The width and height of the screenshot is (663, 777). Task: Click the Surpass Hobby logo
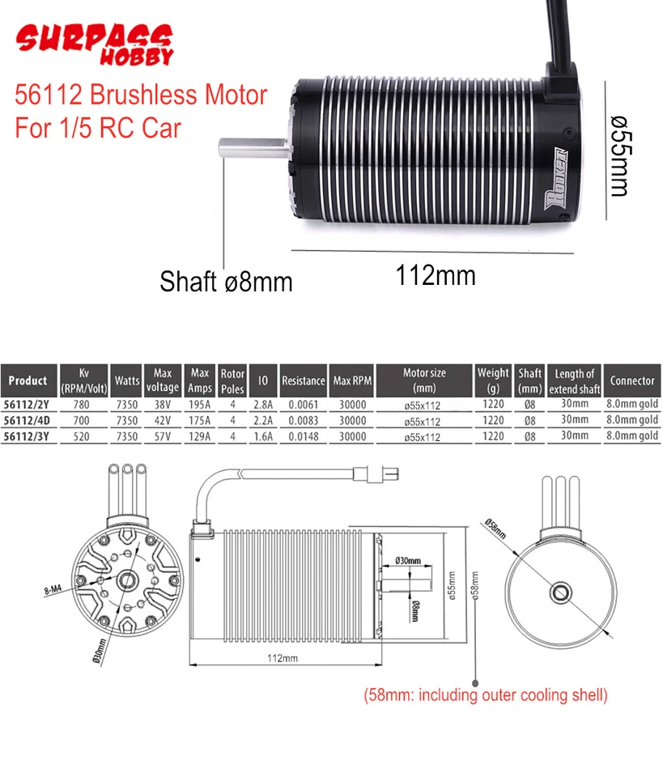click(x=95, y=44)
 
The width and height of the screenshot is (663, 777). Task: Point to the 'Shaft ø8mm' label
click(x=226, y=282)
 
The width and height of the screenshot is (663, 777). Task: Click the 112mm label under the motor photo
click(x=436, y=275)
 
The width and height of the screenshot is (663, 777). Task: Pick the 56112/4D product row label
click(x=28, y=420)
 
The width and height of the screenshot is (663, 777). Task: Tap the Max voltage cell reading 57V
click(x=163, y=436)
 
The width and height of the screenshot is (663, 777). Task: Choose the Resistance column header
click(x=304, y=380)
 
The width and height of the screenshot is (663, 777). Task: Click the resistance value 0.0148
click(x=304, y=436)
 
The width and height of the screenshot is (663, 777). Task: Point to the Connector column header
click(x=632, y=380)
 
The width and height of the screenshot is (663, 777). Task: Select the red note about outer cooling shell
click(x=485, y=694)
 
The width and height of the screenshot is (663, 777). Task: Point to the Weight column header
click(x=493, y=380)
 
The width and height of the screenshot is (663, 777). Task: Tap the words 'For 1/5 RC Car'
click(x=97, y=128)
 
